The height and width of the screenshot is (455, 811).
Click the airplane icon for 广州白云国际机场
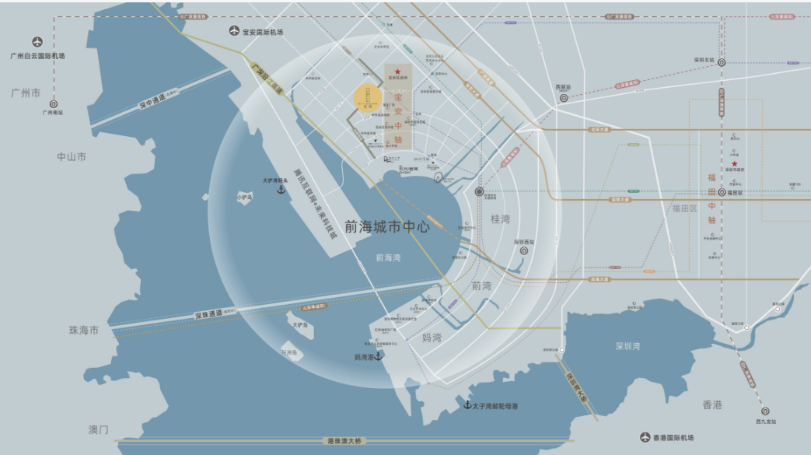click(x=37, y=42)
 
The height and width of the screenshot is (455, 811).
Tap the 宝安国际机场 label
click(x=263, y=32)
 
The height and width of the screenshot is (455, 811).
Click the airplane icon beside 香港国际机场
click(x=644, y=438)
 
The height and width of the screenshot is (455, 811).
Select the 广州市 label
click(x=26, y=92)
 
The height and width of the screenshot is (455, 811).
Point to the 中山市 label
click(x=72, y=157)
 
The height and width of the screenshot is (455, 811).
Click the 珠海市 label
click(x=84, y=331)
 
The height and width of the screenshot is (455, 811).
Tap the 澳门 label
click(x=99, y=429)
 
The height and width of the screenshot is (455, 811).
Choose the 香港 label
click(x=712, y=404)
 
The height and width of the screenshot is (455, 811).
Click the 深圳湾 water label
click(x=627, y=346)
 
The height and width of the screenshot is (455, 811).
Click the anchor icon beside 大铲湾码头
click(x=281, y=190)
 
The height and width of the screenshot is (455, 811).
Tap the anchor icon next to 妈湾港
click(x=379, y=356)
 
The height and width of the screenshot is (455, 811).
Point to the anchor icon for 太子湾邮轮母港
click(x=467, y=405)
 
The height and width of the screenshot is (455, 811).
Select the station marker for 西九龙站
click(x=766, y=411)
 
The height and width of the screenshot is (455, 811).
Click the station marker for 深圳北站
click(x=722, y=62)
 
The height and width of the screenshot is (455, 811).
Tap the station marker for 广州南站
click(x=54, y=103)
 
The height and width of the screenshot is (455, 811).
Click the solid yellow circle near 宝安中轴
click(x=367, y=97)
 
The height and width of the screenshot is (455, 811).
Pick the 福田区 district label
click(x=686, y=208)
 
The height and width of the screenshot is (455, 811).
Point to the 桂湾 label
click(x=502, y=219)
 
